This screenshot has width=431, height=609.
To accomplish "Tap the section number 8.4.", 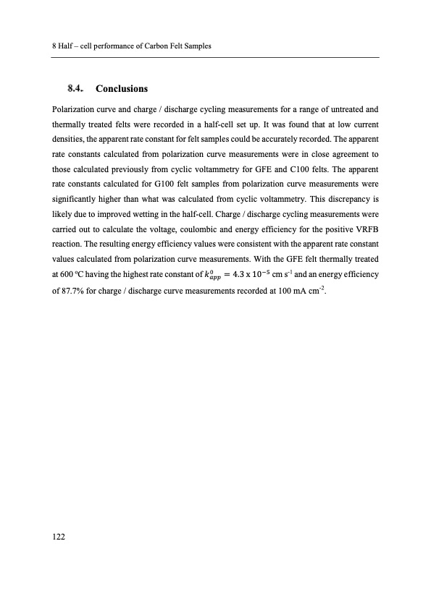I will tap(76, 89).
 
